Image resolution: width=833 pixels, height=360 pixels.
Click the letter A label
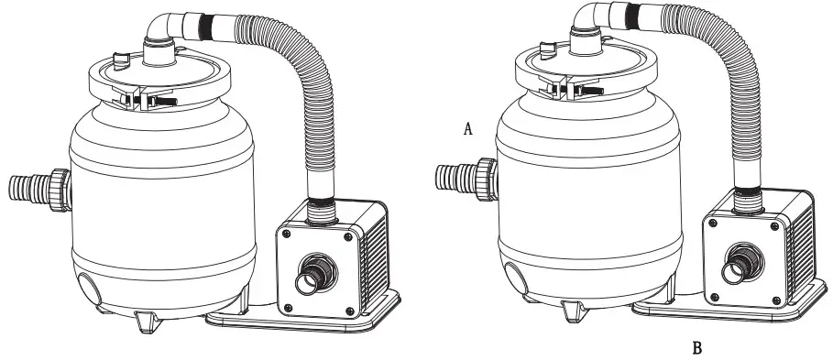coord(467,128)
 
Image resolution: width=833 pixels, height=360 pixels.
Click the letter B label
coord(697,348)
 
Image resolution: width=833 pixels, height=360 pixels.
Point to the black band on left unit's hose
coord(204,27)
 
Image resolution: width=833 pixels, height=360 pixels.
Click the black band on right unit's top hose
coord(631,15)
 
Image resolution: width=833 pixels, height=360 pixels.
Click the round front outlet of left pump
coord(314,274)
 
